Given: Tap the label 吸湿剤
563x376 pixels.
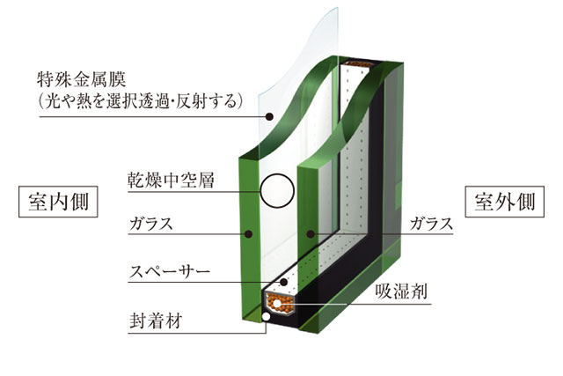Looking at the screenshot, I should pos(402,291).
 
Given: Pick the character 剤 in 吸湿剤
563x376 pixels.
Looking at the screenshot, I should pos(419,291).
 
